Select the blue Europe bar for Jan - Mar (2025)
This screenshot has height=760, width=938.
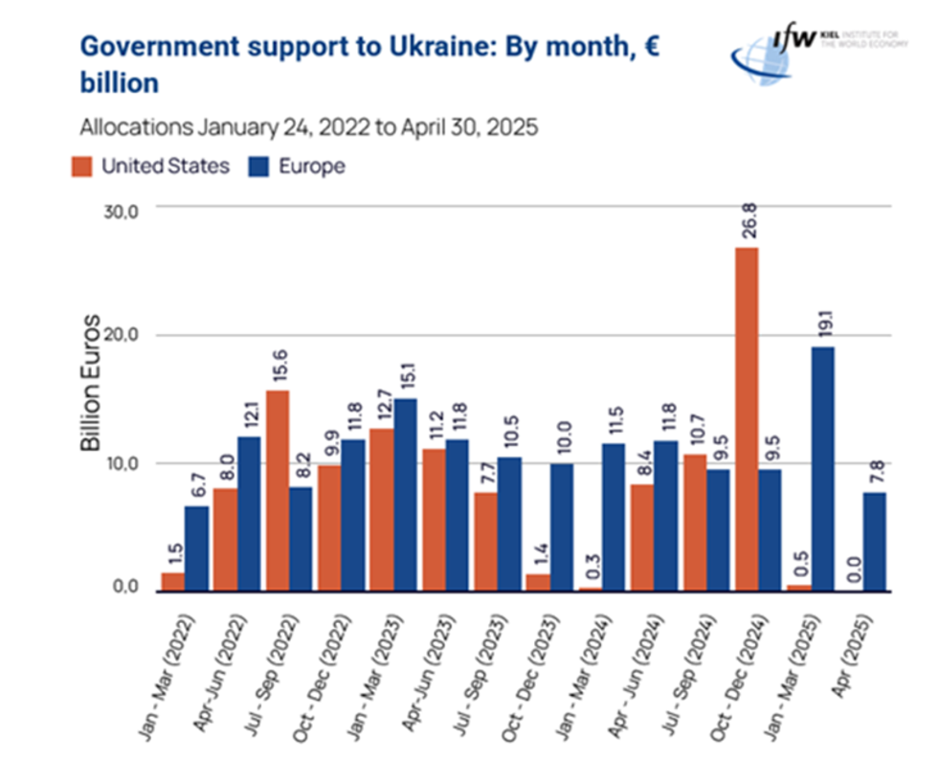(822, 469)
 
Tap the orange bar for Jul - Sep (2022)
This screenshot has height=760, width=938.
(278, 490)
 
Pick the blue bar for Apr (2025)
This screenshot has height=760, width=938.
(875, 542)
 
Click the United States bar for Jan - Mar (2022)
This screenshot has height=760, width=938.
(172, 582)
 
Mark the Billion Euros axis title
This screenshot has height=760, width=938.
(91, 383)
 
